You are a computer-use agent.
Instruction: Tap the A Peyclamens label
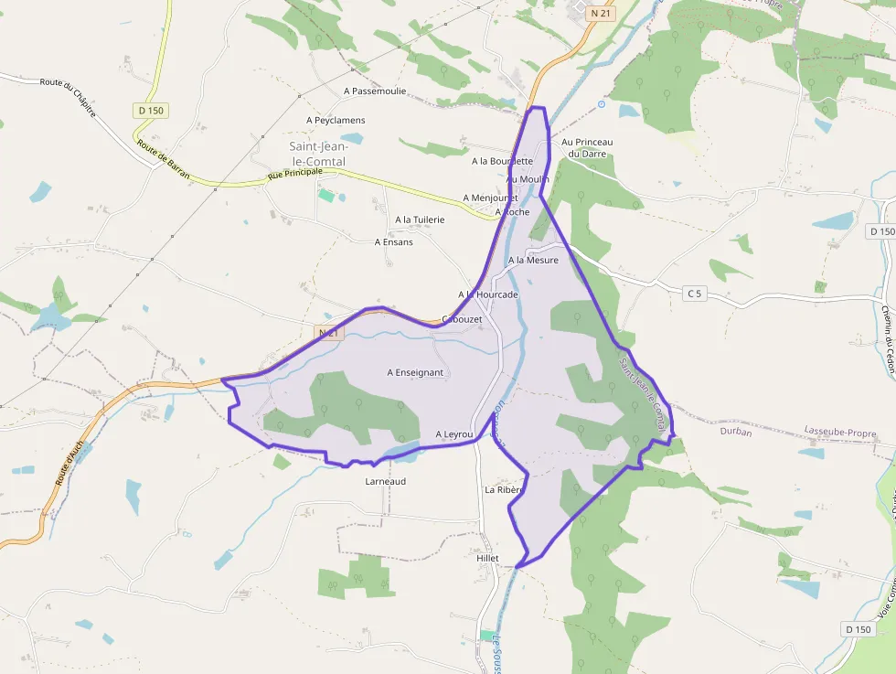(x=336, y=121)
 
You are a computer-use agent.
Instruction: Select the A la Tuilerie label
(x=420, y=219)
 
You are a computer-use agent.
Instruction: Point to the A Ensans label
(x=394, y=242)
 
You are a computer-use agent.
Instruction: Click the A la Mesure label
(x=533, y=261)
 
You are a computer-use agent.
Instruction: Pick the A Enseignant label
(x=415, y=372)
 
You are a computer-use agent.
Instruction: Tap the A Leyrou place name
(x=454, y=434)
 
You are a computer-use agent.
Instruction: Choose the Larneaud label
(x=385, y=481)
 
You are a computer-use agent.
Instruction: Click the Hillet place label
(x=487, y=558)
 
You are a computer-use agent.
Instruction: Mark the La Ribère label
(x=503, y=490)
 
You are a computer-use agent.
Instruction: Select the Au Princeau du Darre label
(x=587, y=147)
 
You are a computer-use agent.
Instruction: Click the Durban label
(x=736, y=433)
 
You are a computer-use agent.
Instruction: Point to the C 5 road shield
(x=696, y=294)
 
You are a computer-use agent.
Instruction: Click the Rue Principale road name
(x=295, y=173)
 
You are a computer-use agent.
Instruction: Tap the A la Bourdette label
(x=502, y=162)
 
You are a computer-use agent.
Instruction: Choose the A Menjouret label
(x=490, y=198)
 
